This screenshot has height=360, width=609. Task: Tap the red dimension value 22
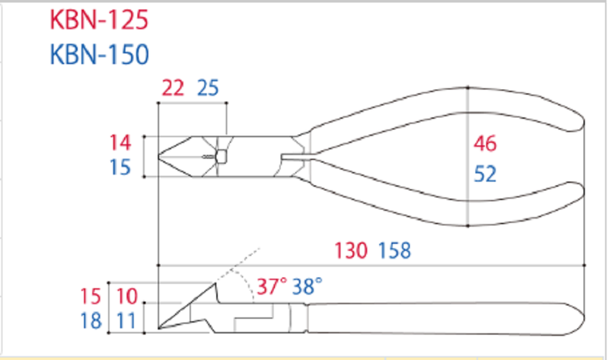point(174,88)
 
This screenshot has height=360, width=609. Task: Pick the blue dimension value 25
point(208,88)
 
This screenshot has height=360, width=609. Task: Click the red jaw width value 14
point(120,142)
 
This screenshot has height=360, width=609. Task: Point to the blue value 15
point(120,167)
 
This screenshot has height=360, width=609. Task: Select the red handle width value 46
point(485,143)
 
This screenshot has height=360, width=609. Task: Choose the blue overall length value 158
point(395,250)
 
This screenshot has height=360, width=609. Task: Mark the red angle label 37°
point(271,286)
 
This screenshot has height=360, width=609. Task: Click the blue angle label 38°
point(308,286)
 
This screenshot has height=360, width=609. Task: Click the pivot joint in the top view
point(221,157)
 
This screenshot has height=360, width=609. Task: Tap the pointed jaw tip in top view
point(161,158)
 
